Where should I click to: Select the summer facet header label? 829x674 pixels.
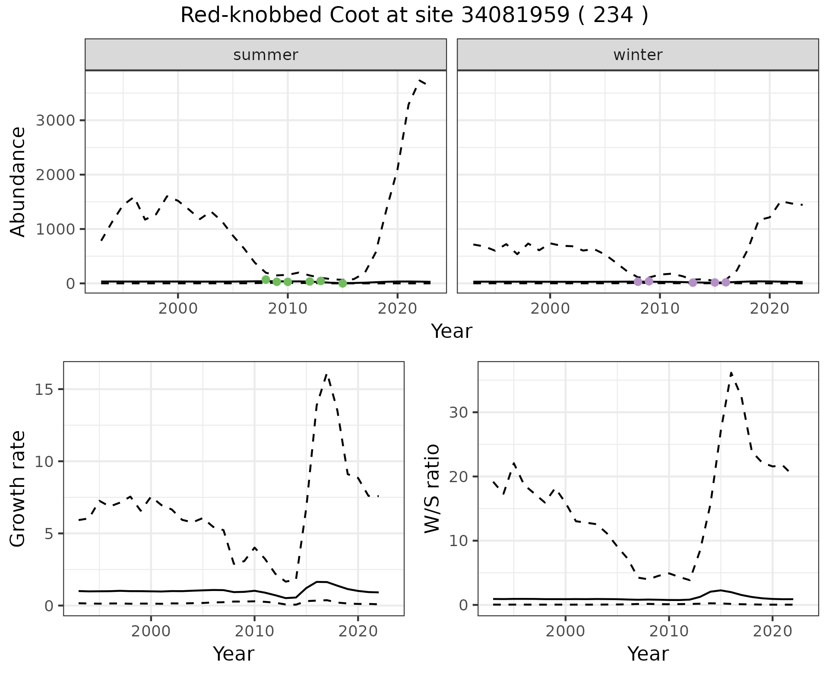click(x=266, y=55)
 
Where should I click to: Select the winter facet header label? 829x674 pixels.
click(x=638, y=55)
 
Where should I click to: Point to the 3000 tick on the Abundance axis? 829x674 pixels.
click(x=56, y=120)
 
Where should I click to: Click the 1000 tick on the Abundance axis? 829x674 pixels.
click(x=56, y=229)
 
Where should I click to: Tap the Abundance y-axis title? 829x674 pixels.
click(x=18, y=181)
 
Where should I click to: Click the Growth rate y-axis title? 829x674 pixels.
click(x=18, y=489)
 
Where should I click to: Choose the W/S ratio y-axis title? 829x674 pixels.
click(x=432, y=489)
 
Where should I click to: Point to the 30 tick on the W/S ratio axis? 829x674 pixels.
click(x=459, y=412)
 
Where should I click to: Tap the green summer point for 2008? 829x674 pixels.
click(x=266, y=280)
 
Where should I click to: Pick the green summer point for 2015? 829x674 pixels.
click(x=342, y=283)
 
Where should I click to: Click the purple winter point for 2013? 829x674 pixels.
click(x=693, y=283)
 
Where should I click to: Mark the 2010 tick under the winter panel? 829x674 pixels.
click(x=660, y=309)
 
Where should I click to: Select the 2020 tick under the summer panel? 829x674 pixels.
click(x=397, y=309)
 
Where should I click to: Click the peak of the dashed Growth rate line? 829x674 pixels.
click(x=327, y=375)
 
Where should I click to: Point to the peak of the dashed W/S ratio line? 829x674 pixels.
click(x=731, y=372)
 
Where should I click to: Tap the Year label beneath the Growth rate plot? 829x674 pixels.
click(x=234, y=654)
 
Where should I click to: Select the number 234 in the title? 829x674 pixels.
click(x=613, y=16)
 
